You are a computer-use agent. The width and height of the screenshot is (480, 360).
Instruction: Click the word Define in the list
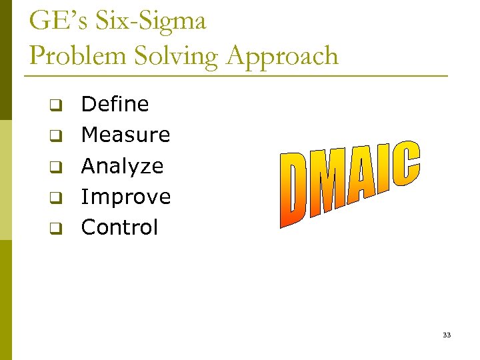pyautogui.click(x=115, y=104)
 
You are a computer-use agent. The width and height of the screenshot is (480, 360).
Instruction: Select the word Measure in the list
pyautogui.click(x=125, y=135)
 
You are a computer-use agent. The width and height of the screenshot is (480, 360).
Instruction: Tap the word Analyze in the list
pyautogui.click(x=122, y=166)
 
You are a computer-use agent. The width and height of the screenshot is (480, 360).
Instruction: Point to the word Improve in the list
pyautogui.click(x=125, y=197)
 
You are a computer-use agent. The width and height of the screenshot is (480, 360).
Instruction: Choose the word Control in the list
pyautogui.click(x=119, y=227)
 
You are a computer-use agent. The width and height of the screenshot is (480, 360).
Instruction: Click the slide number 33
pyautogui.click(x=446, y=335)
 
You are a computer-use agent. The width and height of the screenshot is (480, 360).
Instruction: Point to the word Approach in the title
pyautogui.click(x=282, y=56)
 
